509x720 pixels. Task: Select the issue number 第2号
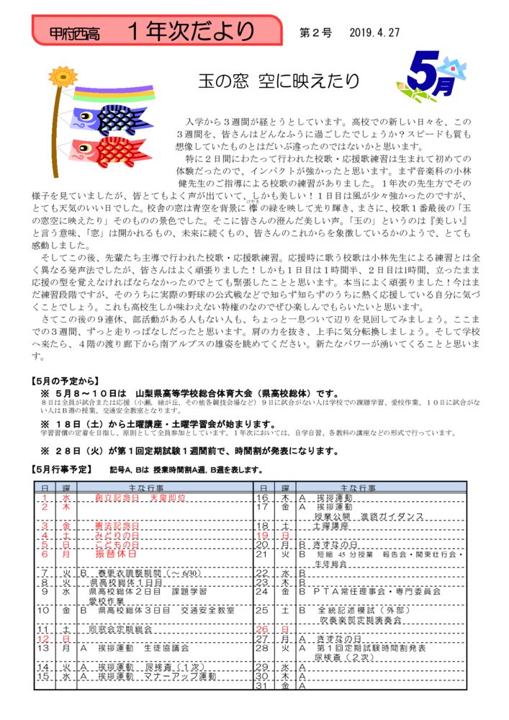coord(315,32)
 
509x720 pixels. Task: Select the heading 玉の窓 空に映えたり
coord(279,81)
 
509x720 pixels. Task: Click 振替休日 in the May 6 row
coord(116,554)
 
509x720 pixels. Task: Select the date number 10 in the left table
coord(45,609)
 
